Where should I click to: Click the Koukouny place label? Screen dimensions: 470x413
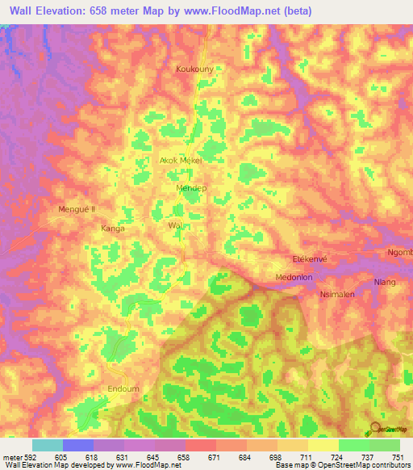click(x=194, y=69)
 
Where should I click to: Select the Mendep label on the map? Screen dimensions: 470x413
click(x=191, y=188)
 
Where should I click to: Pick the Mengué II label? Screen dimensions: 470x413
click(x=77, y=209)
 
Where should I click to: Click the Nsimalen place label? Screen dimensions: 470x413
click(x=337, y=295)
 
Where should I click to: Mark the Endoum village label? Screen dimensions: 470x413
click(x=123, y=388)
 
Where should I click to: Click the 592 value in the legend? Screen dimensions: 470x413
click(x=25, y=457)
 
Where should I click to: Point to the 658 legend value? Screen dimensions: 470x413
click(x=173, y=457)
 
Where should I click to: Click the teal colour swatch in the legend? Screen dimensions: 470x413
click(x=48, y=445)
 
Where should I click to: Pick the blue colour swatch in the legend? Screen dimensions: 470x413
click(x=78, y=445)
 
